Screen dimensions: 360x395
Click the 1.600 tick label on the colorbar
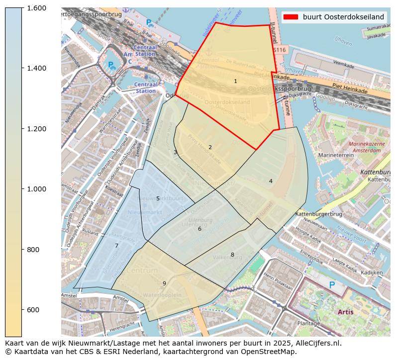[36, 8]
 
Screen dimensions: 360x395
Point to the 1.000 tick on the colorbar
[36, 189]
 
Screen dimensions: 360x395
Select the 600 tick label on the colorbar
[33, 310]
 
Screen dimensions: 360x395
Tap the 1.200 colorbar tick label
[36, 129]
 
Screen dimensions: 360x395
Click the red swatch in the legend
[291, 17]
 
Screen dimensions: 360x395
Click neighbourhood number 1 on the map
[235, 81]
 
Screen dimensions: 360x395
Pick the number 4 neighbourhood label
[271, 181]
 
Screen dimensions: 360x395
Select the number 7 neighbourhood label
[116, 246]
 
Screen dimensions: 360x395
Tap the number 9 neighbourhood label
[164, 283]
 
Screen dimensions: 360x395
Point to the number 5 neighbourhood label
[158, 198]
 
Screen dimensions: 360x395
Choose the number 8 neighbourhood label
[232, 255]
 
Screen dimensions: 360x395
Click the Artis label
[346, 312]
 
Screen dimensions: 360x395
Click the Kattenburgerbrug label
[319, 214]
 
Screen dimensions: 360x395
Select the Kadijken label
[371, 272]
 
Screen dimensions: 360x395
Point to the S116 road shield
[280, 50]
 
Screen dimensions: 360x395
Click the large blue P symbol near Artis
[332, 285]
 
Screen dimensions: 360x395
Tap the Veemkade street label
[343, 64]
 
